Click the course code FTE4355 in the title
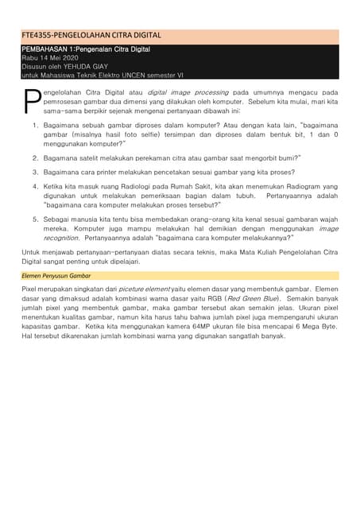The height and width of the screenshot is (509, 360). coord(40,35)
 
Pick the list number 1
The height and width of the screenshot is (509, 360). coord(35,126)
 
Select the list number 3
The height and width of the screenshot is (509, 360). coord(35,171)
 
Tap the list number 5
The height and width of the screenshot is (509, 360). coord(35,218)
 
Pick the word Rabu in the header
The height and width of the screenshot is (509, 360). coord(29,57)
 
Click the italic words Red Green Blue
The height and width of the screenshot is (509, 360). coord(252,298)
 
